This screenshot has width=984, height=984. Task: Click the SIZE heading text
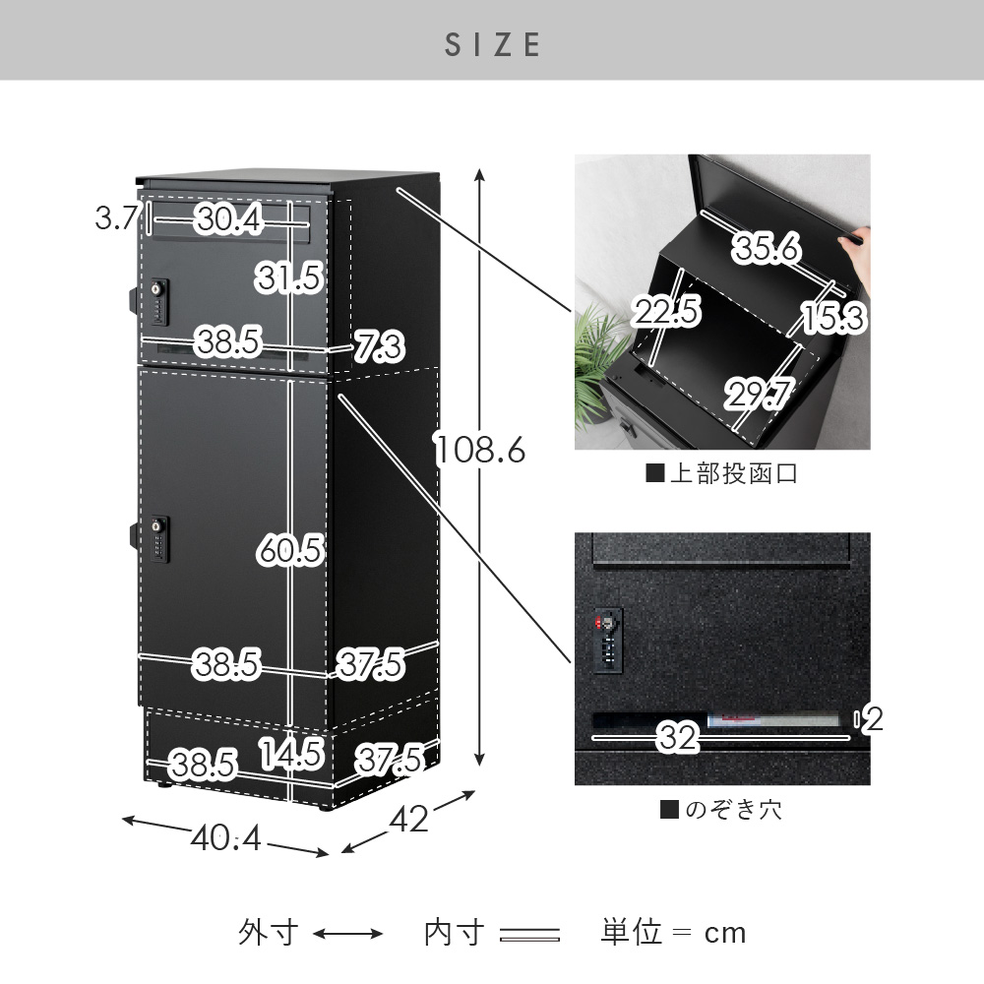tap(492, 44)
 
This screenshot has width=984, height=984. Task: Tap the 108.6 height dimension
tap(480, 450)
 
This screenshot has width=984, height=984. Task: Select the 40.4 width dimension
tap(226, 837)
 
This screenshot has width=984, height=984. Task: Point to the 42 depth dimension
tap(409, 819)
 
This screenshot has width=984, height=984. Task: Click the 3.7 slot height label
tap(116, 217)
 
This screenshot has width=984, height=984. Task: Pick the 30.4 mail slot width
tap(228, 219)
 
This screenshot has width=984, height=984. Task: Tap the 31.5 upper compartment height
tap(289, 277)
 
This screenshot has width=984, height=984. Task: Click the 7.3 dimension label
tap(380, 347)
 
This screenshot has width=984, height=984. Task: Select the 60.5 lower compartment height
tap(290, 550)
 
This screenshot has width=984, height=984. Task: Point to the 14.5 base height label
tap(291, 754)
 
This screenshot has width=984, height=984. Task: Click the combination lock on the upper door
tap(159, 302)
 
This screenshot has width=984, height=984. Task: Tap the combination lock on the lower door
tap(159, 538)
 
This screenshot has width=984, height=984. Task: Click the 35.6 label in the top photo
tap(767, 247)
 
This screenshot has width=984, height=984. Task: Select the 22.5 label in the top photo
tap(666, 311)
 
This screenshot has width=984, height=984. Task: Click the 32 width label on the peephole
tap(677, 737)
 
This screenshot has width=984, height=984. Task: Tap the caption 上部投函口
tap(721, 473)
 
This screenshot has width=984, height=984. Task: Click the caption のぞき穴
tap(721, 810)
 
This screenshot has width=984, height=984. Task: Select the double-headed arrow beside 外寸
tap(347, 934)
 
